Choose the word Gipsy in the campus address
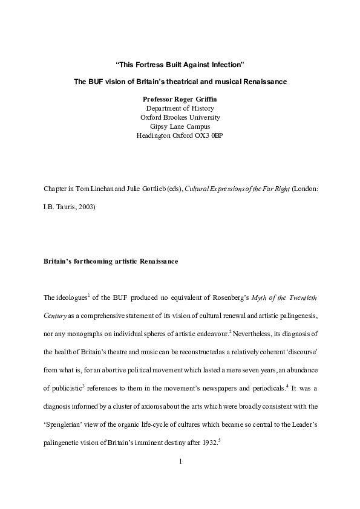coord(159,126)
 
